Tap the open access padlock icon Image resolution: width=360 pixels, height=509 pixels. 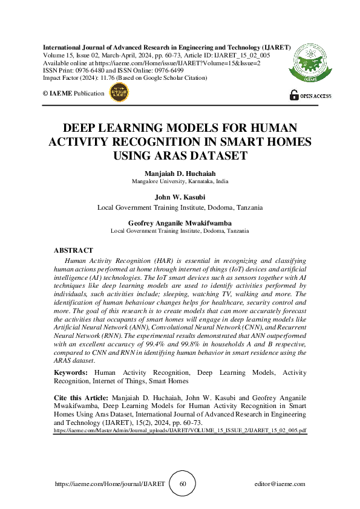pyautogui.click(x=294, y=94)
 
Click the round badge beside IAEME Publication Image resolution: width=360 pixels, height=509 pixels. pyautogui.click(x=118, y=93)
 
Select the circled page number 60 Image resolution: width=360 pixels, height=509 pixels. pyautogui.click(x=182, y=484)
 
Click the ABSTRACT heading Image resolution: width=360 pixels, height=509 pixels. pyautogui.click(x=73, y=250)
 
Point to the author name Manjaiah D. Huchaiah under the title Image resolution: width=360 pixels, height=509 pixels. pyautogui.click(x=180, y=173)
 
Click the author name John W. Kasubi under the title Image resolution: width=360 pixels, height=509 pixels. pyautogui.click(x=180, y=197)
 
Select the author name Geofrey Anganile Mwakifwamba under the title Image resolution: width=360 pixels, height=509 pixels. pyautogui.click(x=180, y=222)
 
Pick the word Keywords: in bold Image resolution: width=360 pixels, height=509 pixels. pyautogui.click(x=71, y=373)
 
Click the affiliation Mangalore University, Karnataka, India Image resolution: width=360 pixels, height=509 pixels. pyautogui.click(x=180, y=181)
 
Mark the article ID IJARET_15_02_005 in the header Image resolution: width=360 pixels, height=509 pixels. pyautogui.click(x=245, y=55)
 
